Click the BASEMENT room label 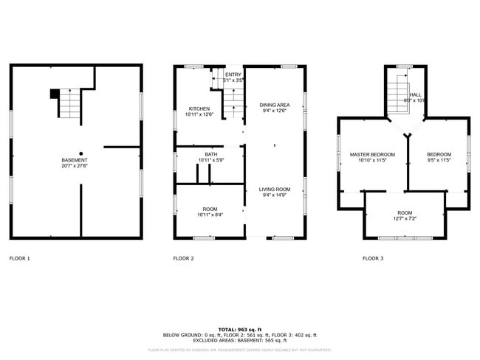click(x=75, y=160)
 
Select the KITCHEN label click(x=199, y=108)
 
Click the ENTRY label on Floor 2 click(x=233, y=75)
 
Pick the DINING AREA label click(x=274, y=105)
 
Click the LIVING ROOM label click(x=274, y=190)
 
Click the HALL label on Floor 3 click(x=416, y=94)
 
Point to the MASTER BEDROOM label click(x=372, y=154)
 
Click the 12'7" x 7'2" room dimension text click(x=404, y=218)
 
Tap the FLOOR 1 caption click(x=20, y=259)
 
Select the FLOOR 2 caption click(x=184, y=259)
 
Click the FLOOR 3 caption click(x=373, y=259)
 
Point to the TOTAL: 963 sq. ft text click(x=240, y=328)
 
